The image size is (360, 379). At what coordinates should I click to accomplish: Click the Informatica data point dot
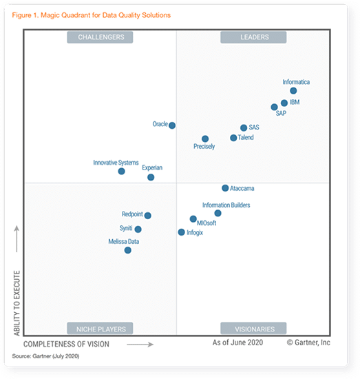click(x=293, y=90)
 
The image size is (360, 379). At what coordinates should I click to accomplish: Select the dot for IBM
click(x=284, y=103)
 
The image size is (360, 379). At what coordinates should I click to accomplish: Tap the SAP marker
click(x=274, y=107)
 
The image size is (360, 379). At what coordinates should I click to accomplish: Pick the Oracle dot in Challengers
click(x=172, y=125)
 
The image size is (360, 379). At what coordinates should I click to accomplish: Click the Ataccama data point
click(x=225, y=187)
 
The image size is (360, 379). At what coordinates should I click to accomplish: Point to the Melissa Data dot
click(x=128, y=250)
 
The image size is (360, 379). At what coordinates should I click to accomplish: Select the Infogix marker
click(x=182, y=232)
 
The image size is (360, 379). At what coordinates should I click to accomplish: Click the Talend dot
click(x=233, y=138)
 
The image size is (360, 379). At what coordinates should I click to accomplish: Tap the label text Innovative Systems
click(x=116, y=163)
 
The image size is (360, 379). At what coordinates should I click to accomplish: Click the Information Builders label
click(x=226, y=205)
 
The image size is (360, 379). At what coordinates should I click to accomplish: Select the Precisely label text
click(x=204, y=147)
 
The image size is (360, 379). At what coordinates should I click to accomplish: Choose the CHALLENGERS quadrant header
click(x=100, y=37)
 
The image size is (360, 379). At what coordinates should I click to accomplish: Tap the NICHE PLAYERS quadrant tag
click(x=100, y=329)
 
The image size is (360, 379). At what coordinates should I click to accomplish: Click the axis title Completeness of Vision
click(x=74, y=342)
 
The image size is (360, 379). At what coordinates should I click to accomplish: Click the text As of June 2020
click(x=237, y=342)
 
